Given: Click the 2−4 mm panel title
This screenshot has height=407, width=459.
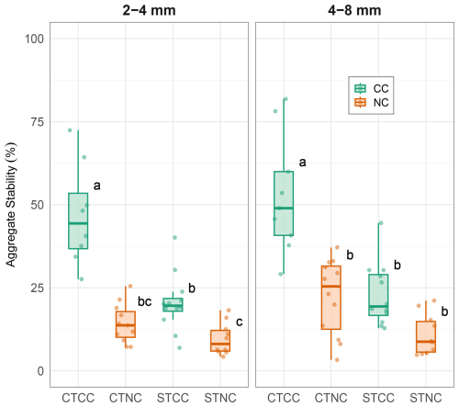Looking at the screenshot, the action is (x=149, y=10).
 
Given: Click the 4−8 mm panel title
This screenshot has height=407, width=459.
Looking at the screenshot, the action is (x=354, y=10).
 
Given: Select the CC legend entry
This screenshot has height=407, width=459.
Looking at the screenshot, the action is (x=372, y=88).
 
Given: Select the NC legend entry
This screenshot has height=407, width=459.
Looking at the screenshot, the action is (x=372, y=102).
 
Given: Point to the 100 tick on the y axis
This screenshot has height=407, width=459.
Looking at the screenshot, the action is (x=34, y=39).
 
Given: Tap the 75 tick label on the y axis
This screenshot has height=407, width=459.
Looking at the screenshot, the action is (x=38, y=122).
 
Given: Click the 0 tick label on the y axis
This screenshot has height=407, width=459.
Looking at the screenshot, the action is (x=40, y=371).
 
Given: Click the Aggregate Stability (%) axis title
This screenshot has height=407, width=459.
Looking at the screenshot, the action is (x=11, y=205).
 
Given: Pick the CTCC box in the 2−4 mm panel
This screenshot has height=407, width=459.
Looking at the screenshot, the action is (x=78, y=220).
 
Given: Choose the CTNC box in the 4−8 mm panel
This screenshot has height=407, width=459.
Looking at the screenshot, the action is (x=331, y=298).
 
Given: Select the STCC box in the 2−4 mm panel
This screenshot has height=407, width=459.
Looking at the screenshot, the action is (x=173, y=305).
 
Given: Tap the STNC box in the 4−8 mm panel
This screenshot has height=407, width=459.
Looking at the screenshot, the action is (x=426, y=336).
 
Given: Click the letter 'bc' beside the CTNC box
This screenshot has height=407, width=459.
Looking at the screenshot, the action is (x=145, y=301).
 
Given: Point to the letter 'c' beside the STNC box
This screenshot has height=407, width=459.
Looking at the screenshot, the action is (x=240, y=322).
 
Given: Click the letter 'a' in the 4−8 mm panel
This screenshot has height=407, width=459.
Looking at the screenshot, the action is (x=302, y=163).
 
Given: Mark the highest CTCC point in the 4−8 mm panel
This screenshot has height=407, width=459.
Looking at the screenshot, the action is (x=285, y=99).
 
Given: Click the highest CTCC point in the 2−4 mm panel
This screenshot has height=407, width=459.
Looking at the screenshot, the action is (x=70, y=130).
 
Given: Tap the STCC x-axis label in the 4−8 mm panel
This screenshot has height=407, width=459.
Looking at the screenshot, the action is (x=378, y=398).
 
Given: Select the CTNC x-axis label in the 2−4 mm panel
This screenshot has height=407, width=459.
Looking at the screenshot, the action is (x=126, y=398).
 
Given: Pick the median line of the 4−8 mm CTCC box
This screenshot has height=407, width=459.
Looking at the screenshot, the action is (x=284, y=208).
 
